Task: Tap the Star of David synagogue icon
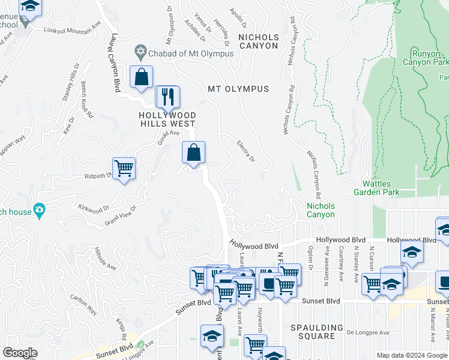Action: [x=141, y=53]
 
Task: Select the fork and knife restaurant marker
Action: [x=166, y=96]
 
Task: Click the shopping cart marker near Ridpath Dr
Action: [x=124, y=169]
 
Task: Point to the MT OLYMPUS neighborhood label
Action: [x=238, y=89]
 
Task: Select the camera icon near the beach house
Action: [x=40, y=211]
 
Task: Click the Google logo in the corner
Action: [x=20, y=353]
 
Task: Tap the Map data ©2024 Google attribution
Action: [x=412, y=355]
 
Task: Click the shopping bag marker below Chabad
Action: [x=141, y=77]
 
